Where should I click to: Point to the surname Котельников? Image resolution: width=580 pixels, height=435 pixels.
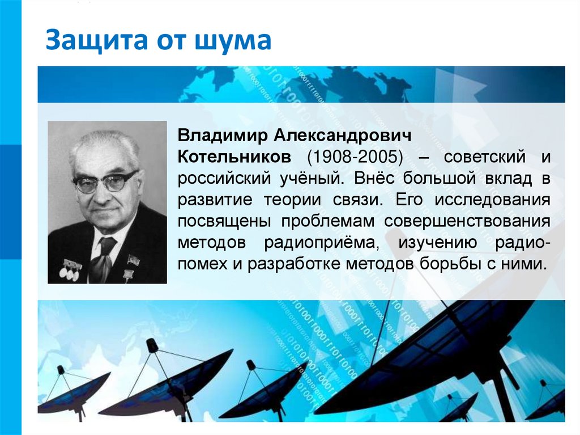[x=235, y=157]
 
